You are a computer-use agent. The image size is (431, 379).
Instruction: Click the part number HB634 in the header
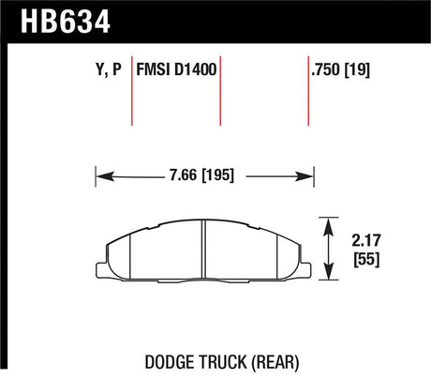click(x=66, y=22)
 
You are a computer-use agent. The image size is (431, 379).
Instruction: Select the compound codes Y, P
click(x=109, y=69)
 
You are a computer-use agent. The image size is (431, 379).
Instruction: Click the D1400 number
click(x=195, y=69)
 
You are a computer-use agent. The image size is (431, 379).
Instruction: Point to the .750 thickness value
click(x=325, y=69)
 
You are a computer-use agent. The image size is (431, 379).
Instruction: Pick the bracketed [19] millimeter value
click(x=357, y=69)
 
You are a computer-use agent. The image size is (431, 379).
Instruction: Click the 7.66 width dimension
click(x=184, y=174)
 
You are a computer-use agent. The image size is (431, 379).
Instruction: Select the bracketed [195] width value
click(x=218, y=174)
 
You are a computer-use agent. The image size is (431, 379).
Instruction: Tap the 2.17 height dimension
click(x=366, y=240)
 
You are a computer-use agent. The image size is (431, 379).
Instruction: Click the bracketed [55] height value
click(x=366, y=259)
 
